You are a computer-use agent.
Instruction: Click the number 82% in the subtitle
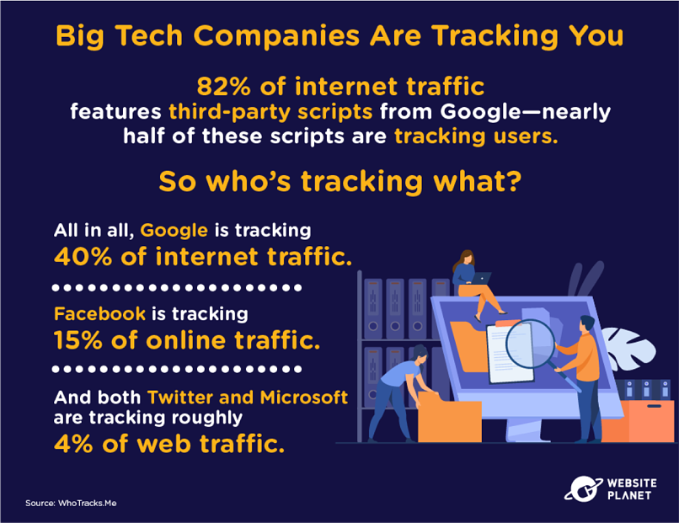[x=223, y=86]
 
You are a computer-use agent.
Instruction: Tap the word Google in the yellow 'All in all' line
[x=174, y=231]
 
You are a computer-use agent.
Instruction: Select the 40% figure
[x=83, y=256]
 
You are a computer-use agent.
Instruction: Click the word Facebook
[x=99, y=314]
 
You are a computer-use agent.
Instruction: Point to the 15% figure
[x=78, y=340]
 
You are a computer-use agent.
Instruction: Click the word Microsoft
[x=304, y=398]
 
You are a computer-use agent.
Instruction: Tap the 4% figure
[x=73, y=444]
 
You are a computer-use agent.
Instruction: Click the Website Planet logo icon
[x=583, y=489]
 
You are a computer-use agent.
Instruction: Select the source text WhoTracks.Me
[x=87, y=503]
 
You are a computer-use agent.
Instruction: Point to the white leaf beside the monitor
[x=628, y=349]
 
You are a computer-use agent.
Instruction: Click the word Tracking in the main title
[x=495, y=36]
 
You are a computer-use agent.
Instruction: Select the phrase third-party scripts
[x=270, y=112]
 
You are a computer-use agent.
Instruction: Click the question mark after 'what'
[x=513, y=181]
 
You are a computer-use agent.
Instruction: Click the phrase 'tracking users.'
[x=476, y=136]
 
